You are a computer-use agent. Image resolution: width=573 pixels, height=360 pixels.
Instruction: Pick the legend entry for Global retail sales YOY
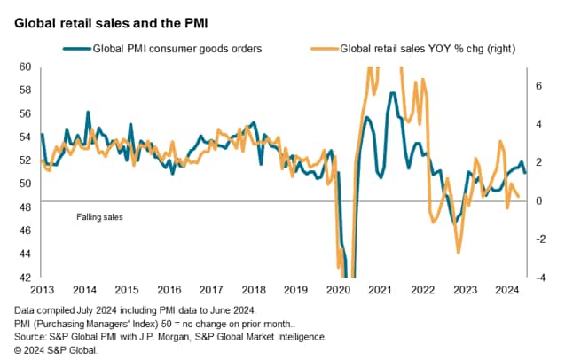click(426, 48)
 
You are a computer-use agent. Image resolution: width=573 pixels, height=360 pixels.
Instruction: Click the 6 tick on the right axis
click(538, 86)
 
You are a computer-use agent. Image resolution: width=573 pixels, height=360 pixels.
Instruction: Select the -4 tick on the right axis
click(539, 278)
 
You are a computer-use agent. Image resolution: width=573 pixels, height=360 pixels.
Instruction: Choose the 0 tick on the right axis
click(538, 201)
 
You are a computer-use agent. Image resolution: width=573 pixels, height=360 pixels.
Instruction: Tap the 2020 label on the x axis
click(337, 290)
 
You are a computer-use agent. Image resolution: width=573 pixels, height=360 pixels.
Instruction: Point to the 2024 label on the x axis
click(505, 290)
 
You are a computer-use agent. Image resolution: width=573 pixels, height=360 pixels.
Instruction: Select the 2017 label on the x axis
click(210, 290)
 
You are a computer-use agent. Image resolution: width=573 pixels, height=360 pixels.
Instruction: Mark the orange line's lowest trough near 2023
click(459, 253)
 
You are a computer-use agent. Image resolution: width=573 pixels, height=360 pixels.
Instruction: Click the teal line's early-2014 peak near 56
click(88, 113)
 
